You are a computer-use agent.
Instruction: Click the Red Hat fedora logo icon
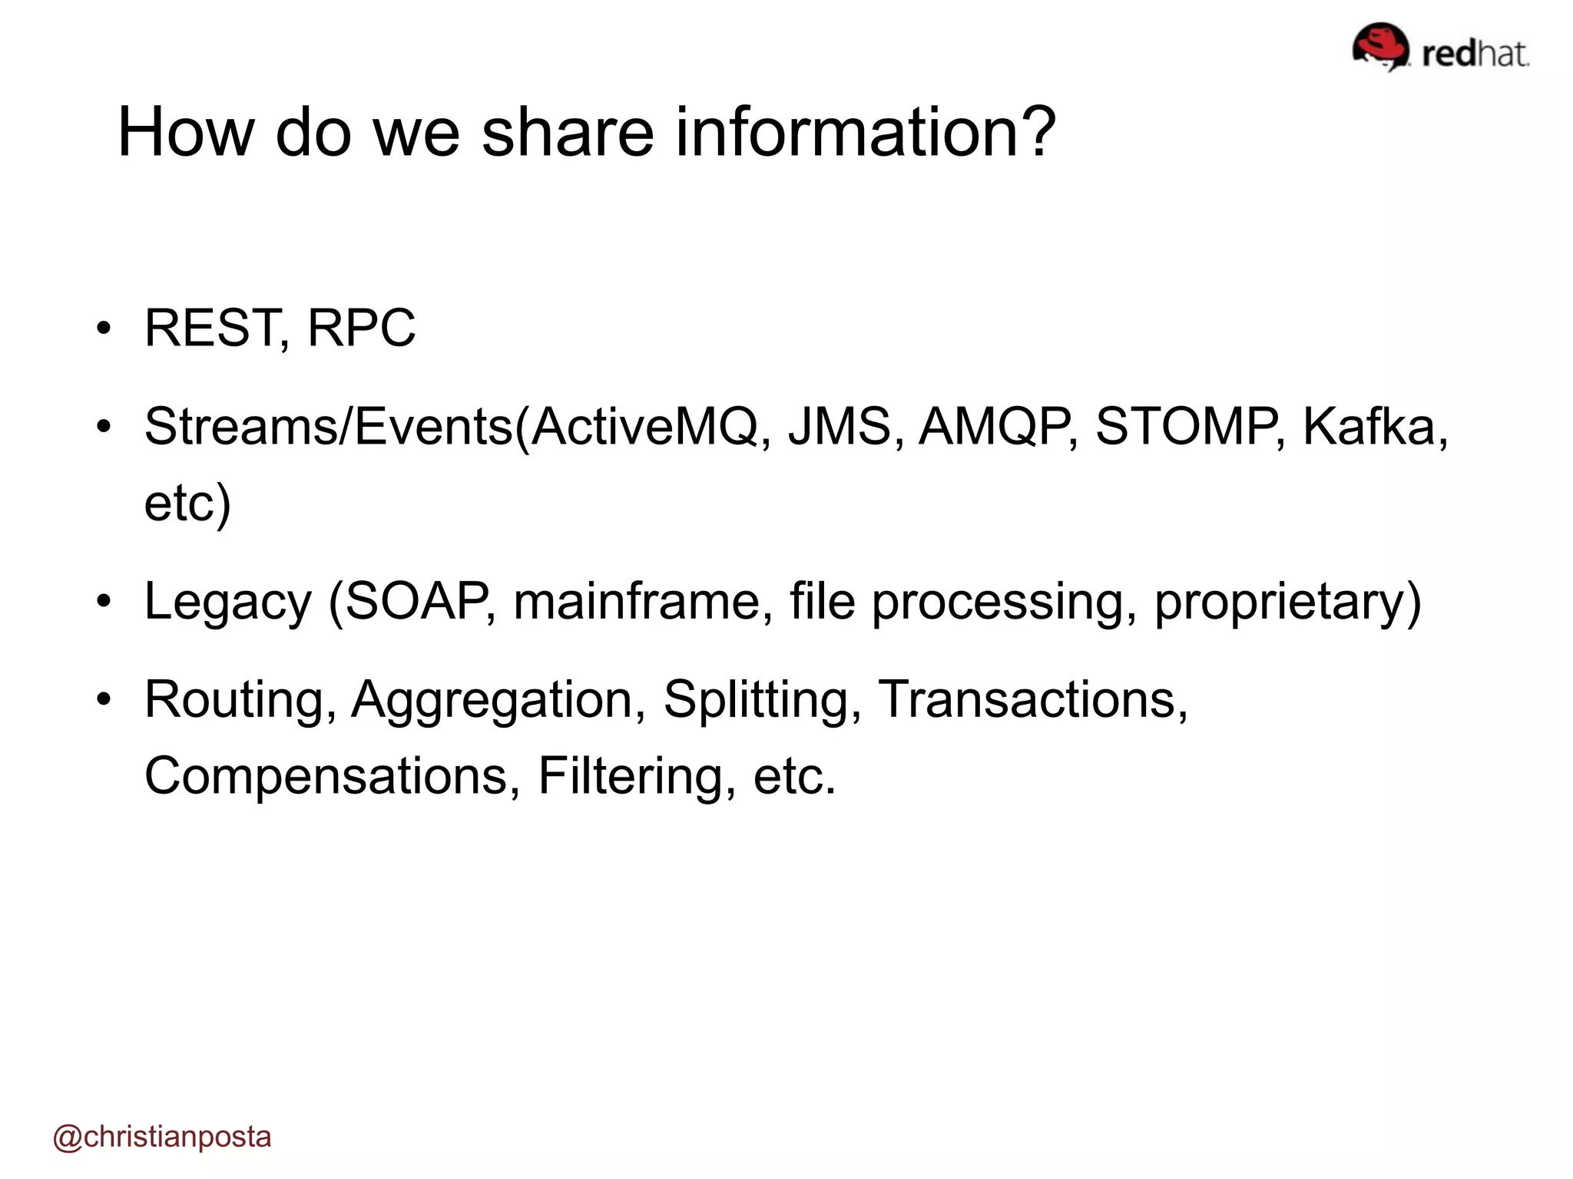1380,46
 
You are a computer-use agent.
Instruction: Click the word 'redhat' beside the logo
1475,54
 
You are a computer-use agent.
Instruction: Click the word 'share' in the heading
567,132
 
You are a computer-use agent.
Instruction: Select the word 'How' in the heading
185,132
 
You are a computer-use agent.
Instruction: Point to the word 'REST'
211,328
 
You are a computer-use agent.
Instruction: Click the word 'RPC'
361,328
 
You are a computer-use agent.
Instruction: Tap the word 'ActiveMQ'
644,426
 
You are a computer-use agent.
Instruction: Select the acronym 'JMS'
839,426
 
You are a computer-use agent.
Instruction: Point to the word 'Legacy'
227,601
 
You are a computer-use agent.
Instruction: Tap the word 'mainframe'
637,601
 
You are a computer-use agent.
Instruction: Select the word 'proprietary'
1280,601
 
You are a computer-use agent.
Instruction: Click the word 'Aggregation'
492,699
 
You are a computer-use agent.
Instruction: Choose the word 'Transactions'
1026,699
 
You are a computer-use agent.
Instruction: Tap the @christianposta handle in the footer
162,1137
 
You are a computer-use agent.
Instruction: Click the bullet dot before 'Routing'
104,699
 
